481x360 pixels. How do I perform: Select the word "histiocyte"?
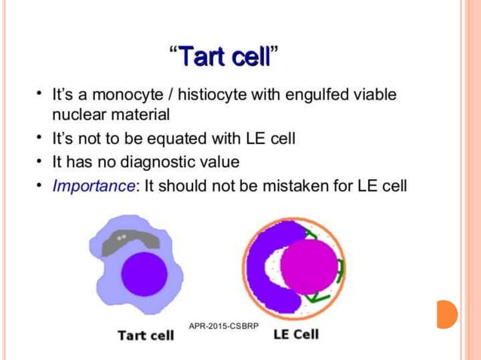pyautogui.click(x=195, y=96)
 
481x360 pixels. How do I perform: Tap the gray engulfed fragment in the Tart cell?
pyautogui.click(x=127, y=240)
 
